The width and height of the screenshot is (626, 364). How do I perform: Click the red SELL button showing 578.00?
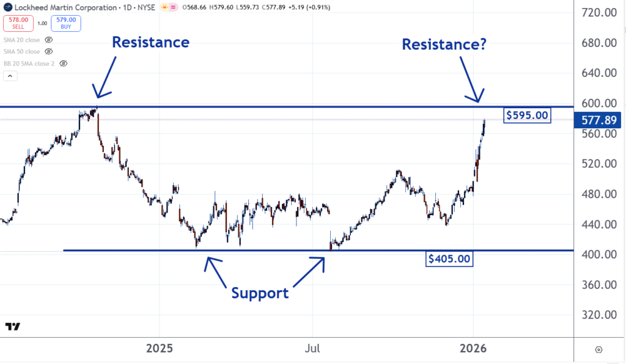tap(17, 24)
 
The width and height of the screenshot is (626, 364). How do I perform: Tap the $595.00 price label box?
tap(527, 115)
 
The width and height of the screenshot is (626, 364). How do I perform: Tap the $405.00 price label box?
tap(449, 259)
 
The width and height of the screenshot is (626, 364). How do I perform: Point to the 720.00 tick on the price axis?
tap(599, 13)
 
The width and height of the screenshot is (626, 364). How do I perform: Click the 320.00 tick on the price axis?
tap(599, 315)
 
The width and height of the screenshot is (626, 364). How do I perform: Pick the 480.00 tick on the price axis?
tap(599, 194)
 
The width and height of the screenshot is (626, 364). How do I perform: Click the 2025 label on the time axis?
tap(160, 349)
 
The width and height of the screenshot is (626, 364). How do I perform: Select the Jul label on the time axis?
tap(313, 349)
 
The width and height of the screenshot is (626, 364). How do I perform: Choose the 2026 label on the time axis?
tap(473, 349)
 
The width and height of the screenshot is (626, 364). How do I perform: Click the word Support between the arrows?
tap(260, 293)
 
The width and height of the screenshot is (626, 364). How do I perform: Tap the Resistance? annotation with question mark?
tap(444, 44)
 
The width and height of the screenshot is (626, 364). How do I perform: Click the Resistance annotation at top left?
tap(150, 42)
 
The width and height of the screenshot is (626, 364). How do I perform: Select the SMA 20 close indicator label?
tap(22, 39)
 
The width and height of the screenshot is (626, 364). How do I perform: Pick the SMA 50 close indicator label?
tap(22, 51)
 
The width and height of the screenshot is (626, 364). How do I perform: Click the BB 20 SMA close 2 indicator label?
tap(29, 63)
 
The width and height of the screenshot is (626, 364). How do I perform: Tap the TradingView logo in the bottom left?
tap(13, 327)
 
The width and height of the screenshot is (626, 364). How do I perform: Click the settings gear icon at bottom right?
tap(598, 349)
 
